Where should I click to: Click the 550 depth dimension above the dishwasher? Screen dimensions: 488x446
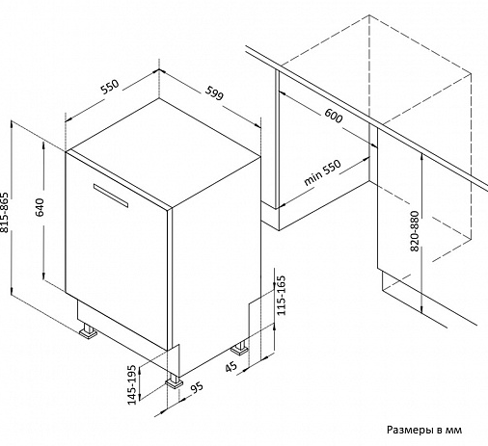pyautogui.click(x=110, y=87)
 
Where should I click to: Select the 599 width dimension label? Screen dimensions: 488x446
pyautogui.click(x=214, y=92)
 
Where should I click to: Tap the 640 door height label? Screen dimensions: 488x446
pyautogui.click(x=40, y=207)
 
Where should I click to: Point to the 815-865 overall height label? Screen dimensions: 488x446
pyautogui.click(x=5, y=213)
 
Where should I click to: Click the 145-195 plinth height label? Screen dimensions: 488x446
pyautogui.click(x=132, y=384)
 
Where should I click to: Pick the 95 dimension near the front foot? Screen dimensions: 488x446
pyautogui.click(x=197, y=386)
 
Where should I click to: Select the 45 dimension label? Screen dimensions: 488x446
pyautogui.click(x=230, y=366)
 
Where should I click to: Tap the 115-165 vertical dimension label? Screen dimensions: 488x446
pyautogui.click(x=281, y=296)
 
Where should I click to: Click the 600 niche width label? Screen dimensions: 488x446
pyautogui.click(x=334, y=116)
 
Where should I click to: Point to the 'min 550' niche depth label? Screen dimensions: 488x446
pyautogui.click(x=322, y=172)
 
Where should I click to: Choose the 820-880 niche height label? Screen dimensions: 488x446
pyautogui.click(x=415, y=231)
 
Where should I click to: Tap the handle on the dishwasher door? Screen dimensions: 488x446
pyautogui.click(x=111, y=196)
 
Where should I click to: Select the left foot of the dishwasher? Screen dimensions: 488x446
pyautogui.click(x=88, y=331)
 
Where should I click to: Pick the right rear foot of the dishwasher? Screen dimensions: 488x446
pyautogui.click(x=240, y=349)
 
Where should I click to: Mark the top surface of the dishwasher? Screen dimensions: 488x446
pyautogui.click(x=163, y=153)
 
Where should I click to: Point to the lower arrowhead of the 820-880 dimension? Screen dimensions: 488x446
pyautogui.click(x=421, y=309)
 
